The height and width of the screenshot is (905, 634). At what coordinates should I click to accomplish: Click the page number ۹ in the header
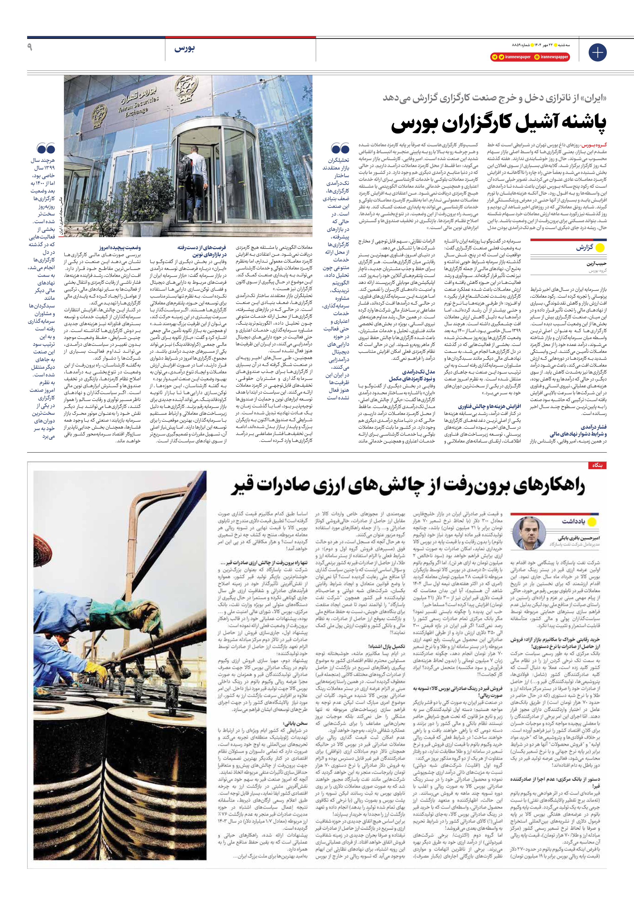coord(30,47)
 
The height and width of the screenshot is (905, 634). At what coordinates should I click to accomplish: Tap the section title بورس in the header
coord(184,49)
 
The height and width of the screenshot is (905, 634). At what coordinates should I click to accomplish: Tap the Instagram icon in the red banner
coord(537,57)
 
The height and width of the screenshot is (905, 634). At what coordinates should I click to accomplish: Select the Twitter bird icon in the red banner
coord(501,57)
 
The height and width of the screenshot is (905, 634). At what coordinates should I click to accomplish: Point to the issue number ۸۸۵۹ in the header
coord(516,45)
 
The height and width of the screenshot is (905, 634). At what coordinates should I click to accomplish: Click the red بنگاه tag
coord(597,465)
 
